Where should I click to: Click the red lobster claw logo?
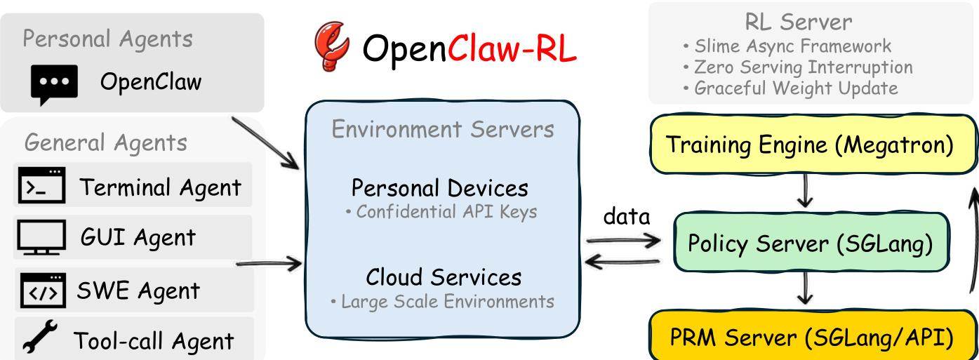coord(332,46)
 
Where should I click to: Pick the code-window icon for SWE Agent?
coord(41,291)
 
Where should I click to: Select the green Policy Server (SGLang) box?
coord(810,244)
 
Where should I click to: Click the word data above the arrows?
coord(627,217)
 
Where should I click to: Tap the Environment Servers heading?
coord(443,130)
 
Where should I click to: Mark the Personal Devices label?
coord(440,188)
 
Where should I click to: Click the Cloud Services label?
coord(444,276)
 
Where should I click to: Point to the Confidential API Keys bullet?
coord(441,211)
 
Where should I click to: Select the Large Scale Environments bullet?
coord(442,302)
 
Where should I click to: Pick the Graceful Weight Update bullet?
coord(790,88)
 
